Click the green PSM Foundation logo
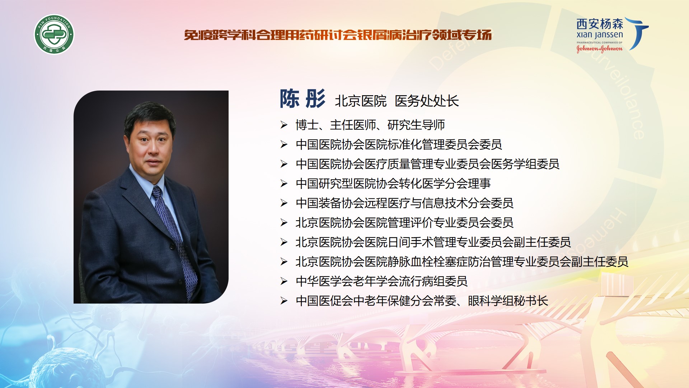point(54,34)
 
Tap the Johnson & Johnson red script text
point(599,48)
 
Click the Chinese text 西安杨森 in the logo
point(600,24)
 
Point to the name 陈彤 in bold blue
point(302,99)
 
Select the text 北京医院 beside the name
point(361,101)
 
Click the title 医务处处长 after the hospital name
point(427,101)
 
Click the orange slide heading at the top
point(338,35)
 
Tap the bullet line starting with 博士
point(370,125)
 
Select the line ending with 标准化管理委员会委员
point(399,144)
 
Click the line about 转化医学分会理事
point(393,184)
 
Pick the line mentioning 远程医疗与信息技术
point(404,203)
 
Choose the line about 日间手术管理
point(433,242)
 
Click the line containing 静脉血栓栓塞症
point(462,262)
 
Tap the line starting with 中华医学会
point(381,281)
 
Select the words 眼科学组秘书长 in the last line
point(508,301)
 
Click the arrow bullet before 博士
point(284,125)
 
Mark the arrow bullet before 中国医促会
point(284,301)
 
